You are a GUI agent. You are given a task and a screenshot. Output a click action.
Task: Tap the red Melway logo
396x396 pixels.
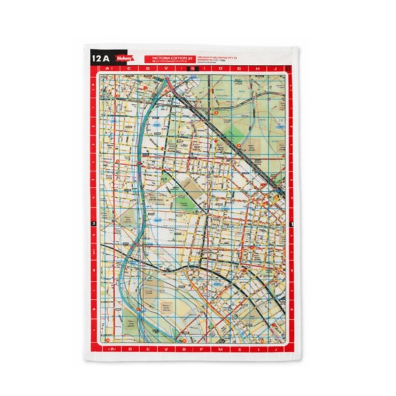point(124,59)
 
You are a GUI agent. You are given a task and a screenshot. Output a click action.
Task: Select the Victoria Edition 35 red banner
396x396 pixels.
point(164,59)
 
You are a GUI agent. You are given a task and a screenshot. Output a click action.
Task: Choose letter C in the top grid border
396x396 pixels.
point(130,69)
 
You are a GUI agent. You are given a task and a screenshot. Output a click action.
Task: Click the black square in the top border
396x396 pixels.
point(196,69)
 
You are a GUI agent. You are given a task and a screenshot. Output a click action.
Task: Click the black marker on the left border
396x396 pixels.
point(93,225)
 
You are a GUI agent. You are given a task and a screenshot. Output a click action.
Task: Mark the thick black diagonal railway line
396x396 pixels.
point(234,140)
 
